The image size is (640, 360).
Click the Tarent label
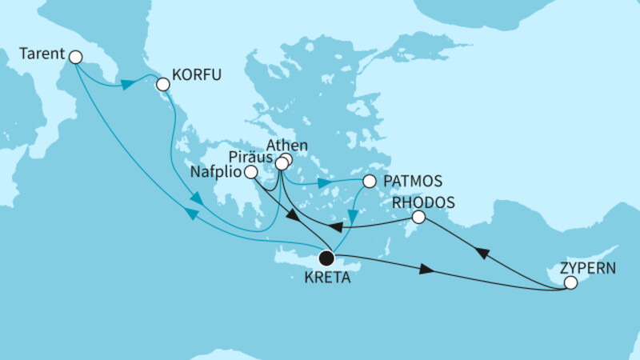(41, 56)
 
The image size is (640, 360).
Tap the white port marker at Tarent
(75, 57)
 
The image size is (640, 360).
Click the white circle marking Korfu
(163, 83)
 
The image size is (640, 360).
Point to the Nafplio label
(217, 171)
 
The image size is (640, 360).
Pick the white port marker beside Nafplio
(251, 171)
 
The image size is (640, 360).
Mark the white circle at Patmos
(369, 182)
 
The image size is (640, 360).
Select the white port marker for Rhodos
(418, 217)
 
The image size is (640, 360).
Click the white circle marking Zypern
(570, 283)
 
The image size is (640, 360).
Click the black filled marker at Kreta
(326, 258)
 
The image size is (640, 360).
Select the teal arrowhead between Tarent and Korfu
(126, 82)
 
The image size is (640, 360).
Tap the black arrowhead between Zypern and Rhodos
(482, 251)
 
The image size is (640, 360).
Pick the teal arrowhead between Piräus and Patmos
(323, 183)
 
